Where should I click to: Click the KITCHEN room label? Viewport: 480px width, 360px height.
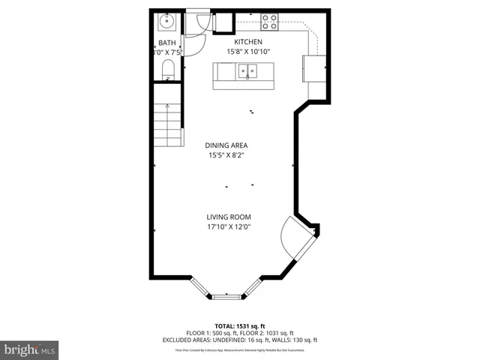click(248, 42)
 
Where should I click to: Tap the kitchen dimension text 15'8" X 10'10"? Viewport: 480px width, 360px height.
click(248, 52)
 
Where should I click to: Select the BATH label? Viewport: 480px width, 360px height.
click(166, 43)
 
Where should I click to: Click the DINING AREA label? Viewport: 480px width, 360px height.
click(226, 145)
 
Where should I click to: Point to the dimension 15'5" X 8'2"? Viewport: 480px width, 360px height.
click(226, 155)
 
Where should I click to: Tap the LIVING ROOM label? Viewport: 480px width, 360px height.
click(229, 217)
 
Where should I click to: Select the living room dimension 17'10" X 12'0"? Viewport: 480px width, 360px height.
click(229, 226)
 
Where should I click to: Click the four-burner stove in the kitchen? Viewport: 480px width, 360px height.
click(269, 22)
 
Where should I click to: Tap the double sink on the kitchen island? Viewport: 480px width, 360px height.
click(247, 71)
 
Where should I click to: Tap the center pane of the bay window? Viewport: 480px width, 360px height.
click(226, 297)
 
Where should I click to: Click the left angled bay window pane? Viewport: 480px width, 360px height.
click(200, 287)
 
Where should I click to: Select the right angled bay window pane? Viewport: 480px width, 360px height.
click(251, 288)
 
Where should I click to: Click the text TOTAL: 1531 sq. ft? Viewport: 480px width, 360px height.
click(240, 326)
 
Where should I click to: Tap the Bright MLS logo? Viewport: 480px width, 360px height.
click(30, 349)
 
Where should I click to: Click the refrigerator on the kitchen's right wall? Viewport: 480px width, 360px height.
click(313, 68)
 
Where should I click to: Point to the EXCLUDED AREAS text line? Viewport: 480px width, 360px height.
click(240, 340)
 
